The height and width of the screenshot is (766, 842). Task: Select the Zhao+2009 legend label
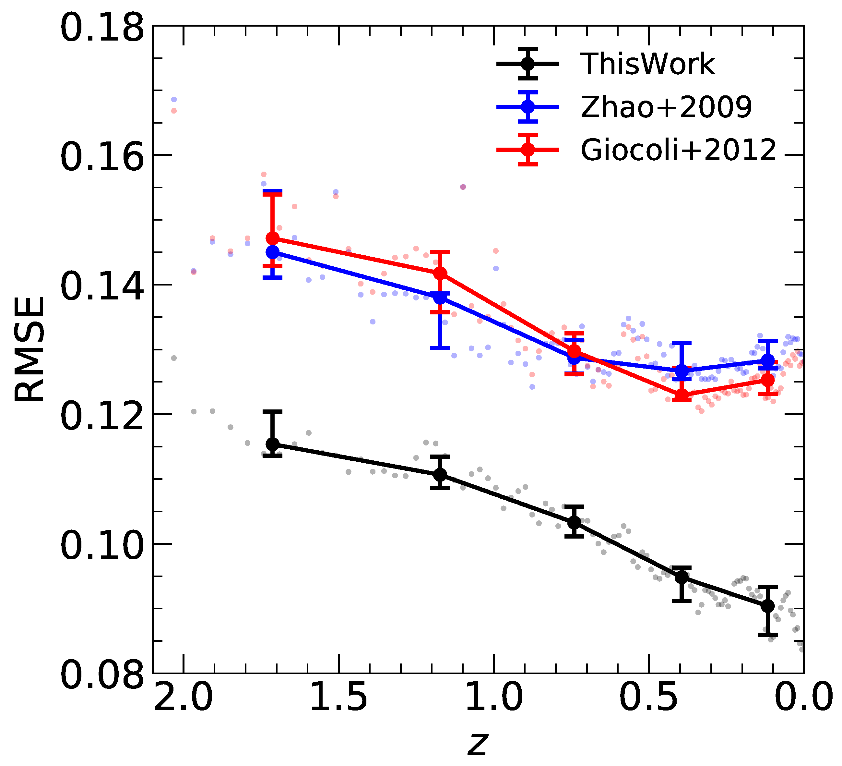pos(666,107)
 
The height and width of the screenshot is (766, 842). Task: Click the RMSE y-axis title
pos(29,349)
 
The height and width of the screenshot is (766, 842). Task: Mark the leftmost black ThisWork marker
pos(273,444)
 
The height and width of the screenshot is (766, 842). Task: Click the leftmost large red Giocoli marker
pos(273,238)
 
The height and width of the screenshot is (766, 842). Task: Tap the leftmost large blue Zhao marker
pos(273,252)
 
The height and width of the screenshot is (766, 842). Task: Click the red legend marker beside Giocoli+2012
pos(528,150)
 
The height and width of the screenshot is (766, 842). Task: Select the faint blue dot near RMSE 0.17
pos(174,100)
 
